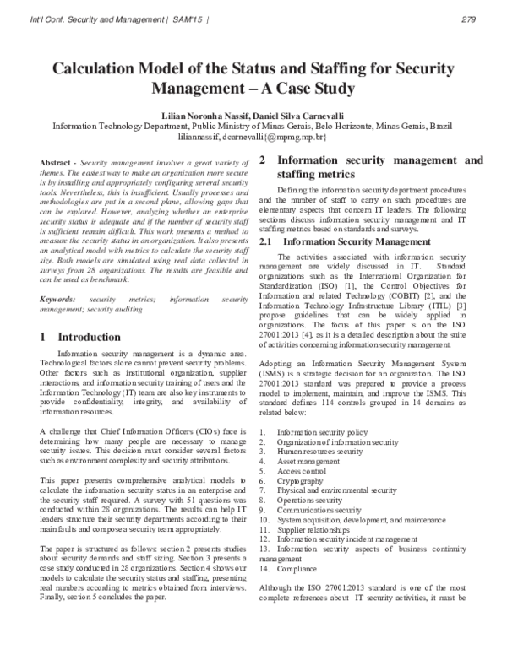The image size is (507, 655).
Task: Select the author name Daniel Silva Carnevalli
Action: click(x=290, y=113)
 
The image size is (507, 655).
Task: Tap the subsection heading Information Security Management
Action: click(x=335, y=218)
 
